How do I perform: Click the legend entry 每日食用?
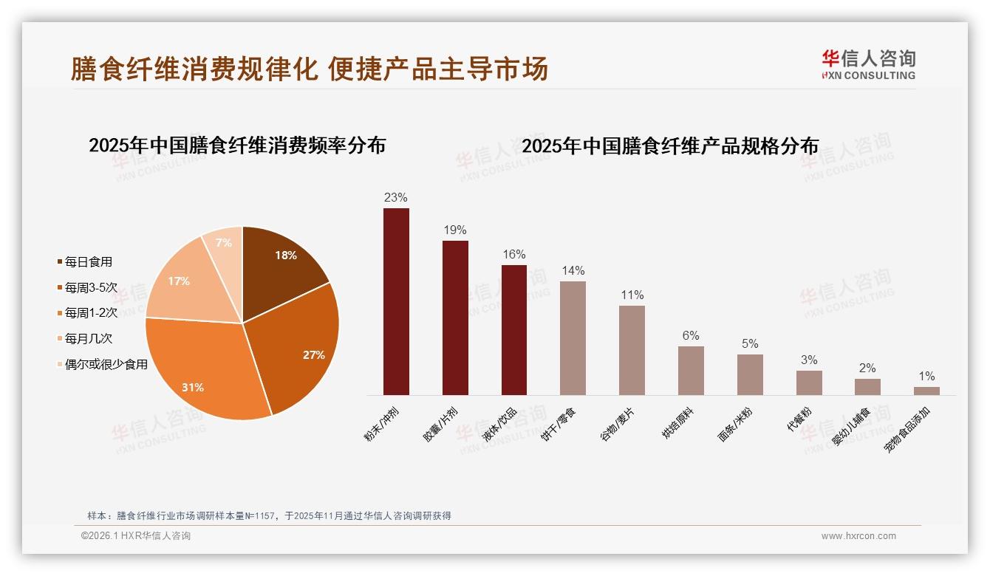[x=88, y=261]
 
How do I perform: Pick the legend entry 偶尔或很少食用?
[x=106, y=364]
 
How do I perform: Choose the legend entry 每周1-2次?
[x=91, y=312]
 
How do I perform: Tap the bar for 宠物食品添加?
[x=926, y=391]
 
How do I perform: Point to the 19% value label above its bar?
[x=455, y=230]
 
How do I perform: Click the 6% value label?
[x=691, y=335]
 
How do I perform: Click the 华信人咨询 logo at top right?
[x=868, y=64]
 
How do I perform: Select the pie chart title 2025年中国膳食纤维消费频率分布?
[x=237, y=145]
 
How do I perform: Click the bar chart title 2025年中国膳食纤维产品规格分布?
[x=670, y=146]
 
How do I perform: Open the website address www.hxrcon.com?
[x=858, y=536]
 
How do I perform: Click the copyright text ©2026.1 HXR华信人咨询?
[x=136, y=536]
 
